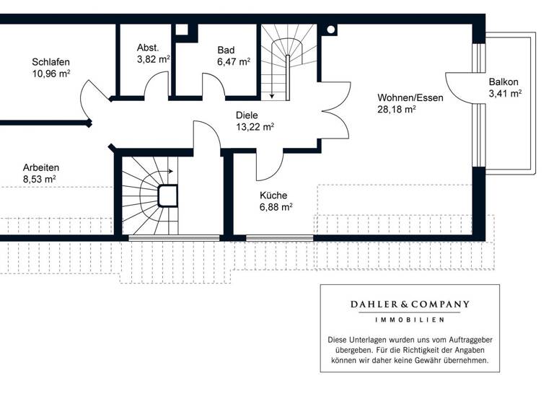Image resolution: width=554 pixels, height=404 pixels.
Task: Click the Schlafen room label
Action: [x=50, y=62]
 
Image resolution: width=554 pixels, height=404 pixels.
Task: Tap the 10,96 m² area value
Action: [x=50, y=74]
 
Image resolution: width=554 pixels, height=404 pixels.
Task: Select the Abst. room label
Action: [x=148, y=48]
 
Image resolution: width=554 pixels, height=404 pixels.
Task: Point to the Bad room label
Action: [x=226, y=50]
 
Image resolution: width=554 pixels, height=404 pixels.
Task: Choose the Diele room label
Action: [x=247, y=115]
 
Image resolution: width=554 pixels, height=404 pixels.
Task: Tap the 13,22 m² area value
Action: [x=255, y=126]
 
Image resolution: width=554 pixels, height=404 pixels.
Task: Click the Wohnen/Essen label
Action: [x=410, y=97]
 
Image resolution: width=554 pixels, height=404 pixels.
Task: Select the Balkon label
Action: [x=502, y=82]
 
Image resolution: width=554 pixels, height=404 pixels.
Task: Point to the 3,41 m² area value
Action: [x=505, y=93]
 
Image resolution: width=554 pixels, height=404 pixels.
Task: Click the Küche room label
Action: [x=273, y=195]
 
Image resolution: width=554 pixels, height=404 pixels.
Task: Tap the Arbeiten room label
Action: [x=41, y=167]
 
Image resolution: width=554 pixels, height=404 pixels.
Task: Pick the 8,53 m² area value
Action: [x=40, y=178]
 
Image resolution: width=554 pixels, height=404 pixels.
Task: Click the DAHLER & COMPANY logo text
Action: [x=409, y=304]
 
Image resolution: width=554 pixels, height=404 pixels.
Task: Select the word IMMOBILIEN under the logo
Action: [x=409, y=319]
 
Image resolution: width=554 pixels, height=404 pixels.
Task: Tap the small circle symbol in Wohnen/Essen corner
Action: [x=331, y=30]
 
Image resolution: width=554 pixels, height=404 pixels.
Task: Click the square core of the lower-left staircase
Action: [x=167, y=196]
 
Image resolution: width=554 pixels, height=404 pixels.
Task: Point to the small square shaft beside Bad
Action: [x=182, y=30]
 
